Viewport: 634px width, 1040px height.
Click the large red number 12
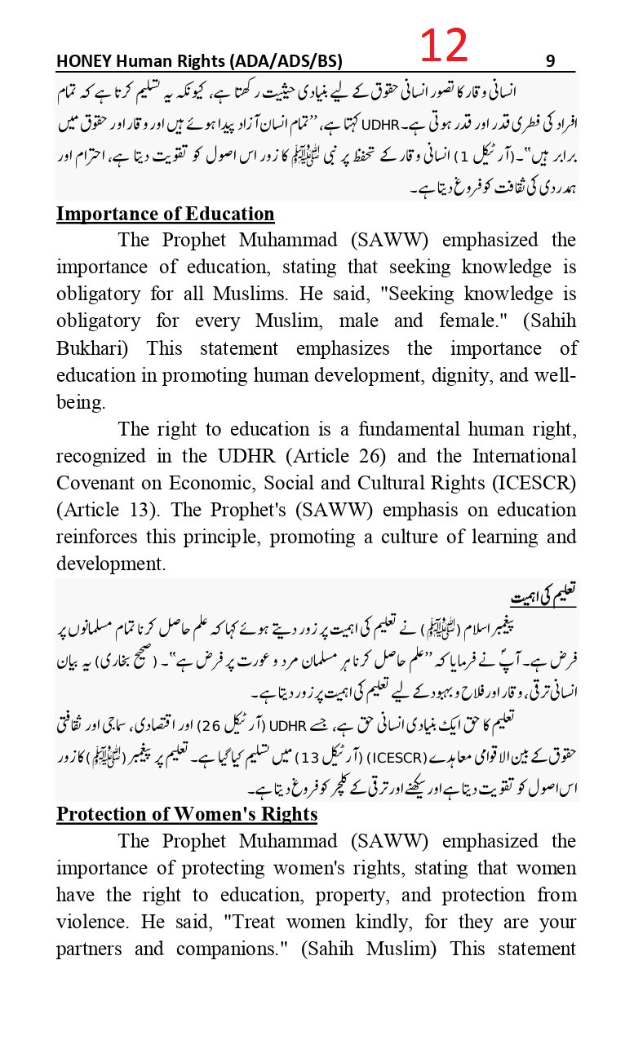click(445, 45)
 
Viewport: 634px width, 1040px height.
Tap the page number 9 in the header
click(550, 61)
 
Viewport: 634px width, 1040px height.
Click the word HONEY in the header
click(83, 61)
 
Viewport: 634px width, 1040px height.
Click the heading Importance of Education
click(165, 214)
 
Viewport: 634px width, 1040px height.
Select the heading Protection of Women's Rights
click(186, 814)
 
